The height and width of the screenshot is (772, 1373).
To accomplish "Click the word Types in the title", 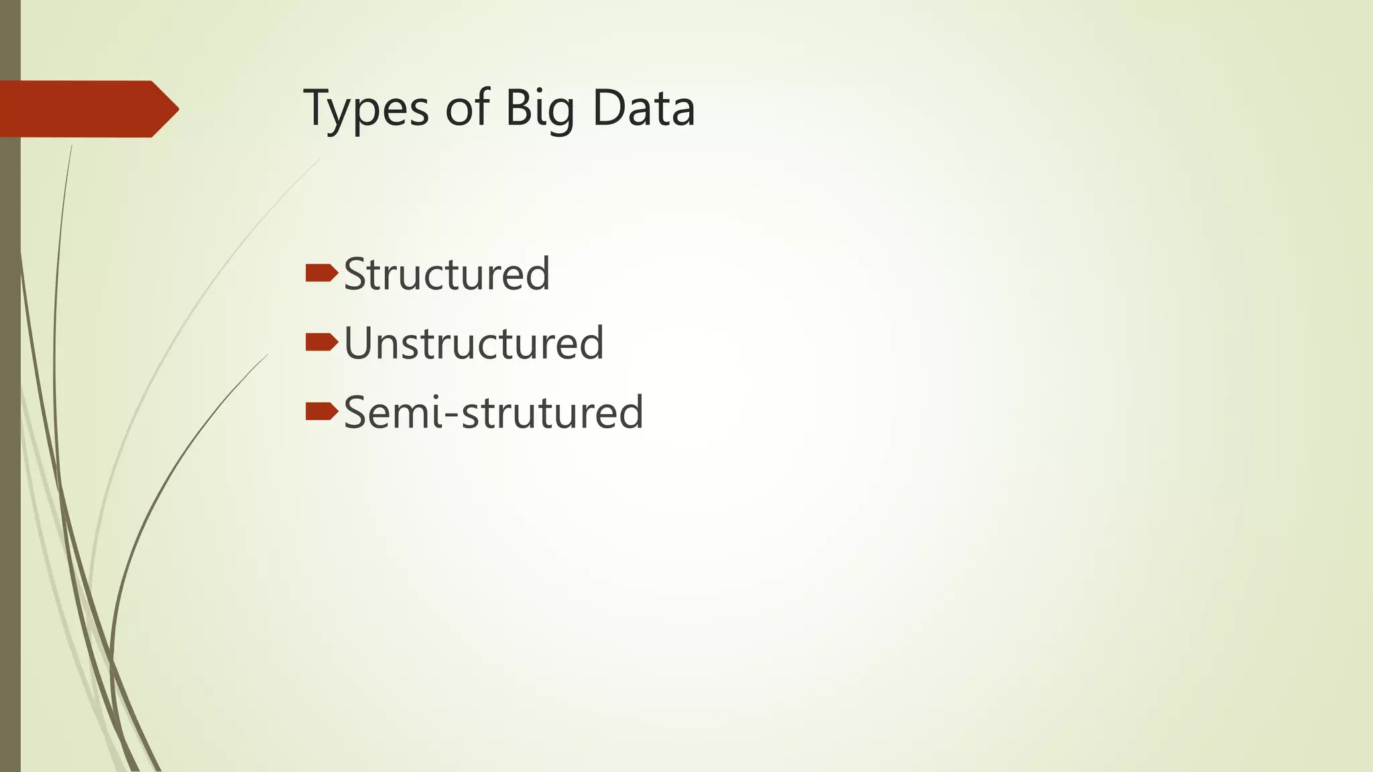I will pos(366,109).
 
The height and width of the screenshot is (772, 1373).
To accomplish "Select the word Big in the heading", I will pos(539,109).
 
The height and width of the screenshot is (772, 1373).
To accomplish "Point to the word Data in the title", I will pos(644,109).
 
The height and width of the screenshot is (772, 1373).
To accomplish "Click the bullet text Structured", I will pos(446,275).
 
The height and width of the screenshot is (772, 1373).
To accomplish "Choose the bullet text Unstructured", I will pos(473,343).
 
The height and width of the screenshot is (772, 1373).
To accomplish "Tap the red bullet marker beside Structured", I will pos(321,273).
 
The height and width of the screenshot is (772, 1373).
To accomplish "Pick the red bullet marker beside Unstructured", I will pos(321,342).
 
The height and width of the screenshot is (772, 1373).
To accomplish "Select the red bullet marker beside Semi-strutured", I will pos(321,411).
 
